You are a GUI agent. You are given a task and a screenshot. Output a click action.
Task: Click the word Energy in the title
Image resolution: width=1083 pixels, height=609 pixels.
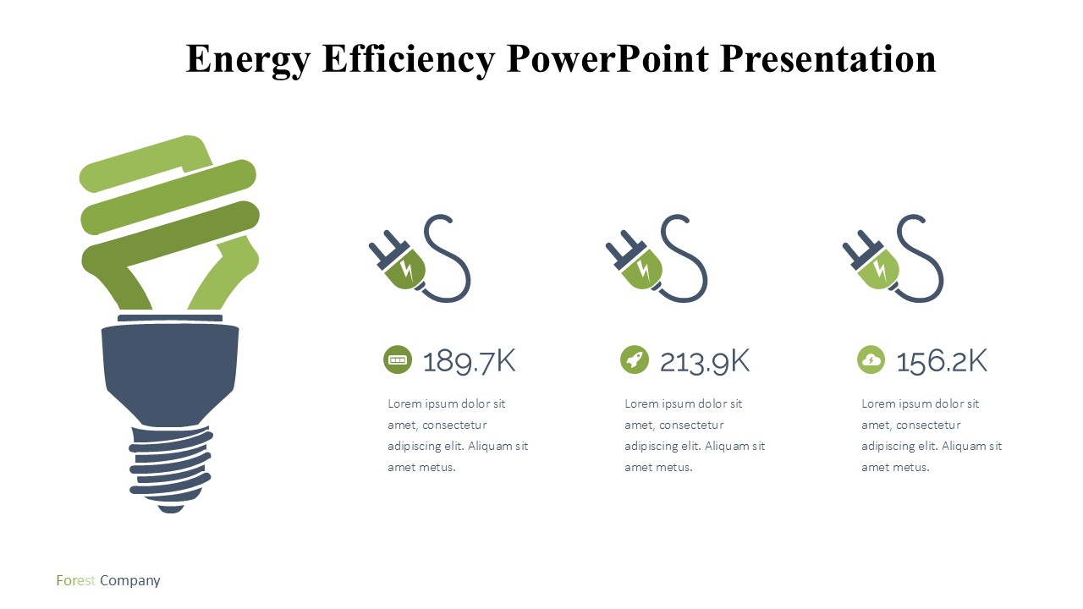coord(248,60)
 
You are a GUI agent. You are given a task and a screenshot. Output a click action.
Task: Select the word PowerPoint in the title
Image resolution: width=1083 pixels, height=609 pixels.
coord(607,58)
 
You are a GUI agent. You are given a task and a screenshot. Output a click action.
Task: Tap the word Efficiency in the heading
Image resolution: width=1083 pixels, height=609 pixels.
coord(409,60)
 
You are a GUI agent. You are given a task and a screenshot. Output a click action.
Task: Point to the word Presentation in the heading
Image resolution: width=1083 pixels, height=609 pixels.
coord(827,58)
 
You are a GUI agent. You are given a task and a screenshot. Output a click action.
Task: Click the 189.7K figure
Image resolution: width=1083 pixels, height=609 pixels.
coord(469,361)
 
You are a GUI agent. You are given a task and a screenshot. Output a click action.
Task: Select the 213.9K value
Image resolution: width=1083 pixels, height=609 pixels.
coord(705,361)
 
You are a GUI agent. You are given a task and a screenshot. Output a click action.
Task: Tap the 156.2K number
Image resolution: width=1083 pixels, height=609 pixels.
coord(942,361)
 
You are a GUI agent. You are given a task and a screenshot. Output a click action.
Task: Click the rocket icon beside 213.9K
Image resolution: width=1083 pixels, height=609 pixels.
coord(635,359)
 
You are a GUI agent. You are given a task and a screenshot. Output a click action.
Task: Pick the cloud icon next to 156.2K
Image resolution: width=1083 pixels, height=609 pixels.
coord(871,359)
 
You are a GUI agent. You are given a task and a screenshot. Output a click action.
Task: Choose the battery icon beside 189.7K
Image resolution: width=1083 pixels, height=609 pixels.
coord(398,359)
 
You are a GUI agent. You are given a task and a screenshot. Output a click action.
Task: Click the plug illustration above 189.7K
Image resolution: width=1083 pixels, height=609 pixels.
coord(420,259)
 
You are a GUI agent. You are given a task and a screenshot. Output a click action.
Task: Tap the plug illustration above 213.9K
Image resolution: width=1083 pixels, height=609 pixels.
coord(657,259)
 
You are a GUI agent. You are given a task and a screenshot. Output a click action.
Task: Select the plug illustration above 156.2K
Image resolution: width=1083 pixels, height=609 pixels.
coord(893,259)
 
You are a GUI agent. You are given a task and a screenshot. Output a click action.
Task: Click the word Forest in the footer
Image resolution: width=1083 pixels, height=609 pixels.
coord(75,580)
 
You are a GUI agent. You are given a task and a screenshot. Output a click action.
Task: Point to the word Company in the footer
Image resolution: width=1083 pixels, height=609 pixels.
coord(130,581)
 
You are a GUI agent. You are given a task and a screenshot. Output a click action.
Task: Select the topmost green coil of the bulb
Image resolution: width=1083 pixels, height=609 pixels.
coord(145,164)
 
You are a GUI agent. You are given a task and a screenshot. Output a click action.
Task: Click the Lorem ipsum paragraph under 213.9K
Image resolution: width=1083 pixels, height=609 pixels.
coord(695,435)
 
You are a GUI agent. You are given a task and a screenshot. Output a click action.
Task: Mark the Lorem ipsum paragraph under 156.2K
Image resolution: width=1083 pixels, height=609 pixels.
coord(932,435)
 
